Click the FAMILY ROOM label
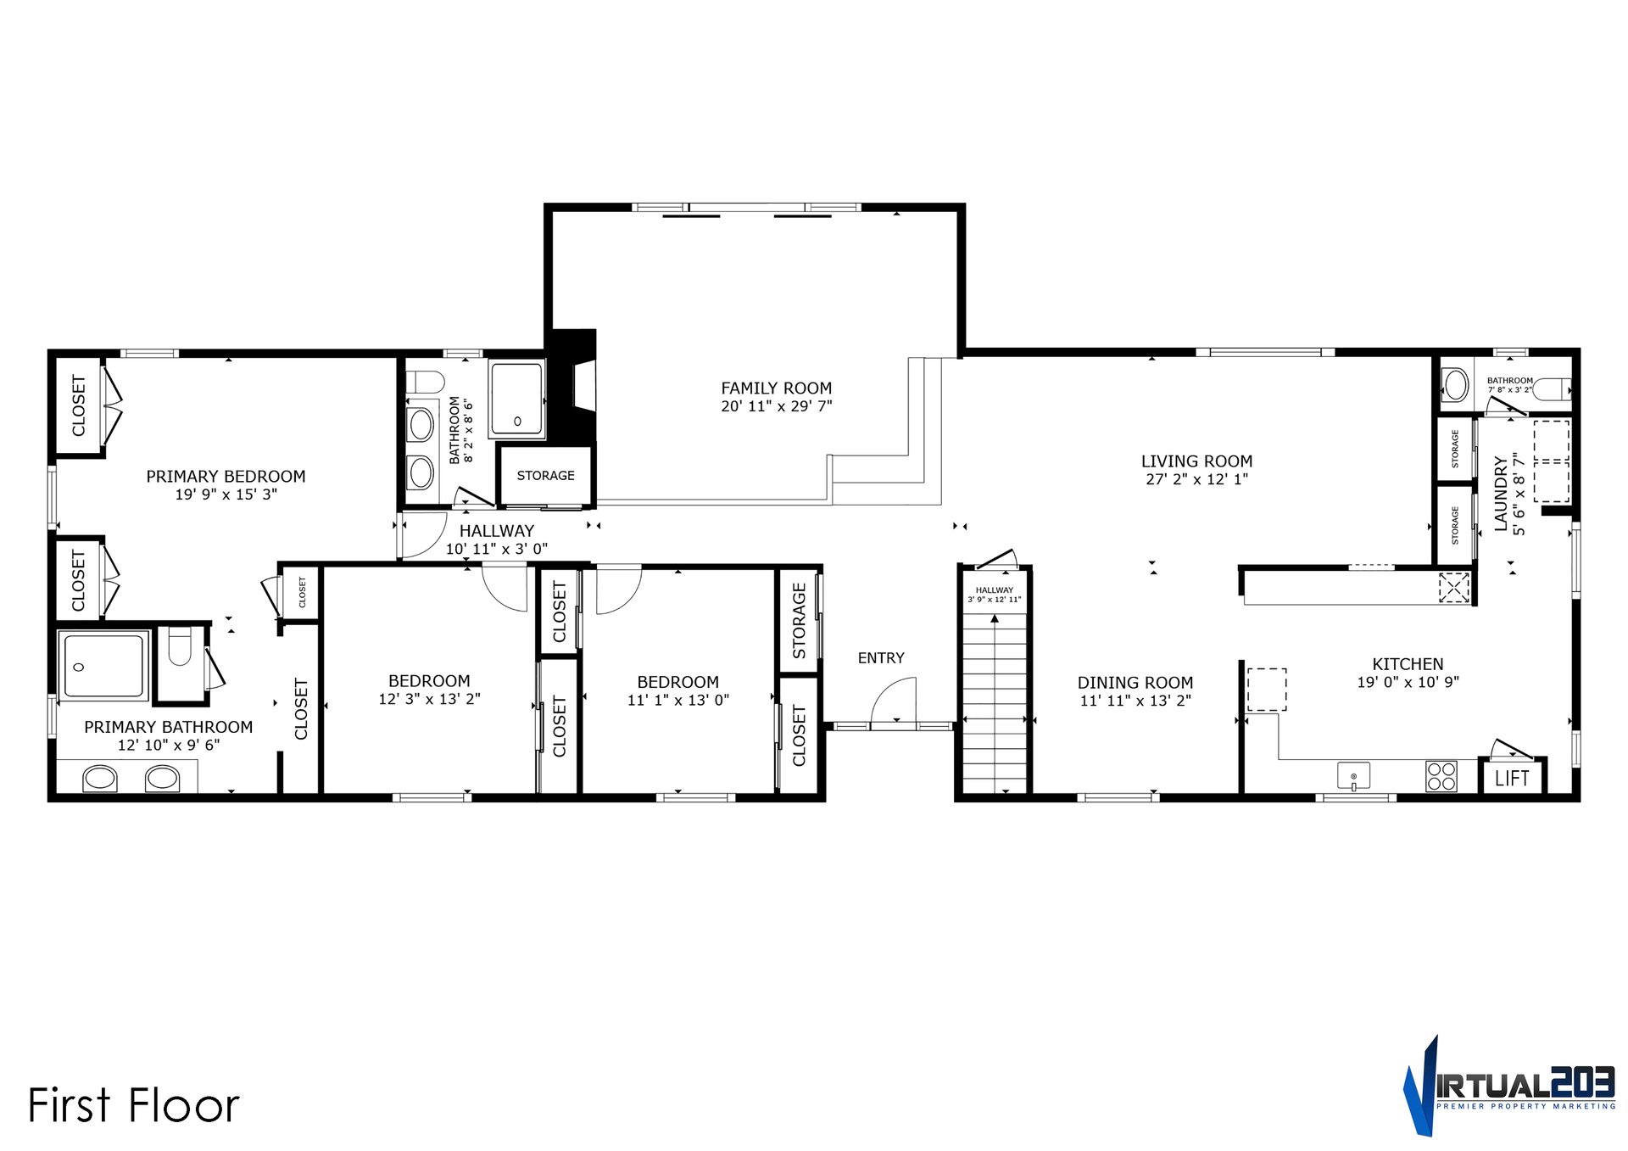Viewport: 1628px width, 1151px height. coord(776,388)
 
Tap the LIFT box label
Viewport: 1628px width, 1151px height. coord(1512,778)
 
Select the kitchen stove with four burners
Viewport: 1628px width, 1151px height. coord(1441,776)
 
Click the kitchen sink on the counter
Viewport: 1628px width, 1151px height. coord(1353,775)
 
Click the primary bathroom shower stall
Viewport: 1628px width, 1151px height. coord(103,666)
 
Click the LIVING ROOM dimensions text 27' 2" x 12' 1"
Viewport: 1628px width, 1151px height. coord(1196,479)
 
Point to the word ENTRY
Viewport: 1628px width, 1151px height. coord(881,657)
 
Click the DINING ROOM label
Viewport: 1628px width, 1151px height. coord(1135,682)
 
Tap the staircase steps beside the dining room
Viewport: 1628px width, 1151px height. coord(995,704)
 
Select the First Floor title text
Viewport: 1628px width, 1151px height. coord(134,1105)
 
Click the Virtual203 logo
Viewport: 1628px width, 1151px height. coord(1508,1087)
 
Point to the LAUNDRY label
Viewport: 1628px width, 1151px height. coord(1501,494)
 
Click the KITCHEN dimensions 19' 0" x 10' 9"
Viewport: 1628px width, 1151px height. coord(1408,682)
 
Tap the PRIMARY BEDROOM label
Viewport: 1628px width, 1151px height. coord(226,476)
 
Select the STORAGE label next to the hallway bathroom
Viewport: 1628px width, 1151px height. coord(545,475)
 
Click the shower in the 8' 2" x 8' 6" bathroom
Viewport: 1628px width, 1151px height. coord(516,399)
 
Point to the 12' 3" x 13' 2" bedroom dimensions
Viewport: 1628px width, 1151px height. coord(429,699)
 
